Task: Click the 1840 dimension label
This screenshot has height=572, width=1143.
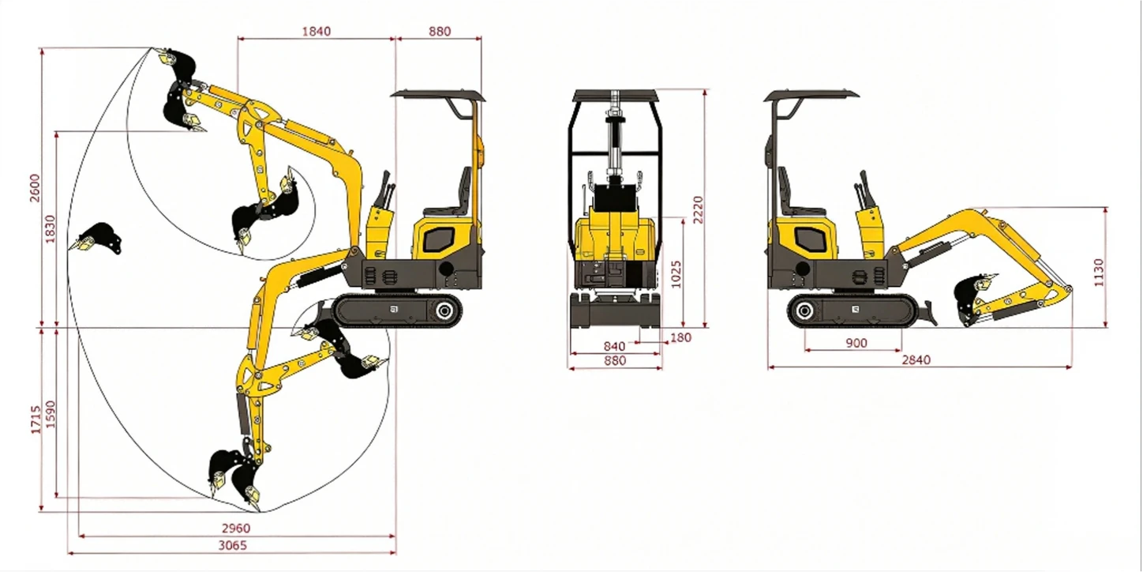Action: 317,32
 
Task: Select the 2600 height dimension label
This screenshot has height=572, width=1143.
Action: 35,188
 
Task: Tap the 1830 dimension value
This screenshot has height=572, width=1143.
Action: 50,229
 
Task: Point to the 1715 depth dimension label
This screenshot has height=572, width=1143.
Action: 36,420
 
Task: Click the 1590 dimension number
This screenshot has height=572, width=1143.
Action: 50,414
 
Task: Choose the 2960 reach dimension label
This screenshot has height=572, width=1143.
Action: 236,528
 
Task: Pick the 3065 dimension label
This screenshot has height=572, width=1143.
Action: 233,545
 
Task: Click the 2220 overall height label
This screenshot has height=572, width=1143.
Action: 698,209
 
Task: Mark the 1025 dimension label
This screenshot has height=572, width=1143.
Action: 676,274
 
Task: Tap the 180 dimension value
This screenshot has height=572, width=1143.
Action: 680,337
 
